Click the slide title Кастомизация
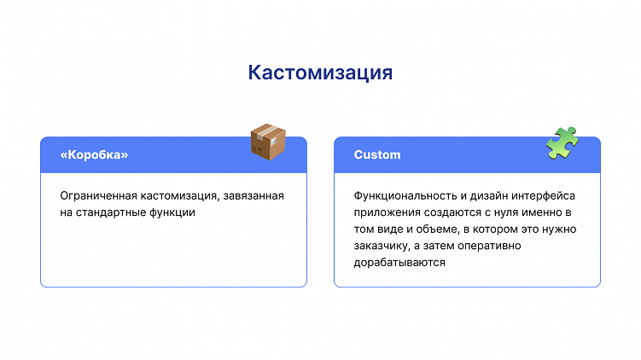pyautogui.click(x=320, y=73)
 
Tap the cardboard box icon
pyautogui.click(x=267, y=142)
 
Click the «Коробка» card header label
pyautogui.click(x=94, y=155)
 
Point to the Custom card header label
pyautogui.click(x=377, y=155)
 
